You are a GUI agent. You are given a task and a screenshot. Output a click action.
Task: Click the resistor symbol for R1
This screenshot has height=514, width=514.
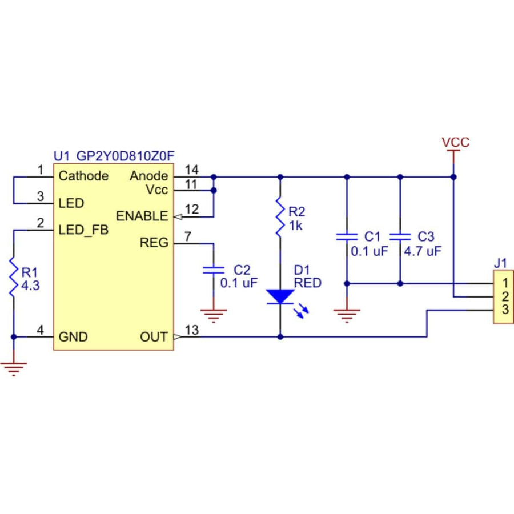pos(13,277)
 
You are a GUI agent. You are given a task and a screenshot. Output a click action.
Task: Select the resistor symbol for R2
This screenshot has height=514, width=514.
pos(280,218)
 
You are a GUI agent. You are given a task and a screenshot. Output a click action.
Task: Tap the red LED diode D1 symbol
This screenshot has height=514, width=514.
pos(280,296)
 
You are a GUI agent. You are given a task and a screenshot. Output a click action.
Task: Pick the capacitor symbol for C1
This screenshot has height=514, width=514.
pos(346,236)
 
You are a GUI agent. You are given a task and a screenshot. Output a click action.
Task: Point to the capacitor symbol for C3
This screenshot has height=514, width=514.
pos(400,236)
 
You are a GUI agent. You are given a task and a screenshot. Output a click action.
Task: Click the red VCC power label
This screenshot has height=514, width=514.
pos(455,142)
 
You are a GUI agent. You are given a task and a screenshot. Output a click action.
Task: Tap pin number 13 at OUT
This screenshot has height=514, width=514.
pos(192,331)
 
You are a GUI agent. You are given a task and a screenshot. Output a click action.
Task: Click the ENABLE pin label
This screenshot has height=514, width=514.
pos(142,216)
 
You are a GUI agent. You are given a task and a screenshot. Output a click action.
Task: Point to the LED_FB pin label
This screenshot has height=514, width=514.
pos(83,230)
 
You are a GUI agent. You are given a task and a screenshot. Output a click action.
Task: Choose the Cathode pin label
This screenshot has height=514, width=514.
pos(83,176)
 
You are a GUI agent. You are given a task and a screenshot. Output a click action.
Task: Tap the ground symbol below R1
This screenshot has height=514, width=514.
pos(13,368)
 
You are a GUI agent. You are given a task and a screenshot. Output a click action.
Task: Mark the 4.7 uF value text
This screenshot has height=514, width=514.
pos(423,251)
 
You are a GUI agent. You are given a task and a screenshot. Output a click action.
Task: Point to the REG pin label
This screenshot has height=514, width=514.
pos(154,243)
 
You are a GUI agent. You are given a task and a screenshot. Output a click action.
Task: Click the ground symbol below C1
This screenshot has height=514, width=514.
pos(346,314)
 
